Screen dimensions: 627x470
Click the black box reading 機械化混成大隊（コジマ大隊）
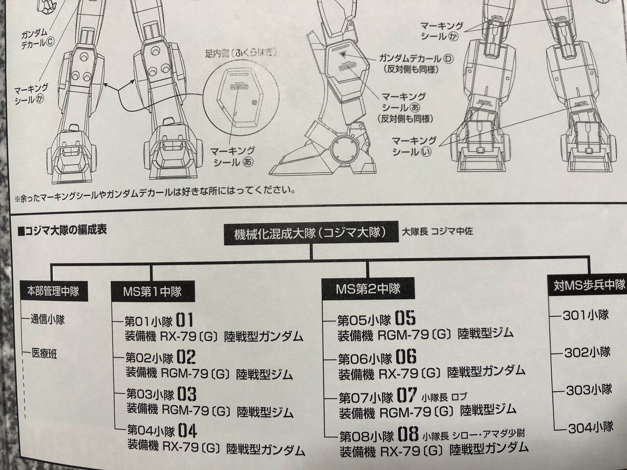tap(311, 233)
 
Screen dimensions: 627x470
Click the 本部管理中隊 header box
tap(50, 291)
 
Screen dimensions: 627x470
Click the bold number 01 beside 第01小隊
tap(185, 321)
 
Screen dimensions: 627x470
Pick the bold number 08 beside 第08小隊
tap(408, 434)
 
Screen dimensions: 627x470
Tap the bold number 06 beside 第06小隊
tap(406, 356)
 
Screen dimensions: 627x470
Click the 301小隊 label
tap(586, 315)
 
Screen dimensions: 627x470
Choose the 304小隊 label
tap(590, 428)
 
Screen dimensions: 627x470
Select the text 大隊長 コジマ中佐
tap(438, 231)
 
